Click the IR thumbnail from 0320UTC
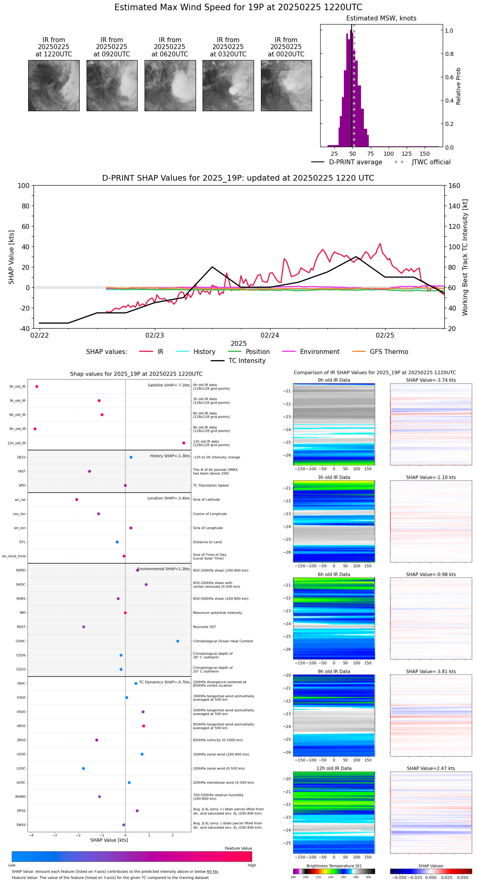[x=228, y=85]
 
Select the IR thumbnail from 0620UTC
[x=170, y=85]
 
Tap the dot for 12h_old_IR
[x=184, y=443]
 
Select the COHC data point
[x=178, y=641]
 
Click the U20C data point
[x=83, y=768]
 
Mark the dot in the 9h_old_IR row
[x=35, y=429]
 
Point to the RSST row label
[x=21, y=627]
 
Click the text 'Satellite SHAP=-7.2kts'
[x=169, y=385]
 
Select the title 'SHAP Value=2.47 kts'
[x=431, y=768]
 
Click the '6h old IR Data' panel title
[x=334, y=575]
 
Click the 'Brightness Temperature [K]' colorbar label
[x=334, y=866]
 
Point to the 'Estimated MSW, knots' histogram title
[x=381, y=18]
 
